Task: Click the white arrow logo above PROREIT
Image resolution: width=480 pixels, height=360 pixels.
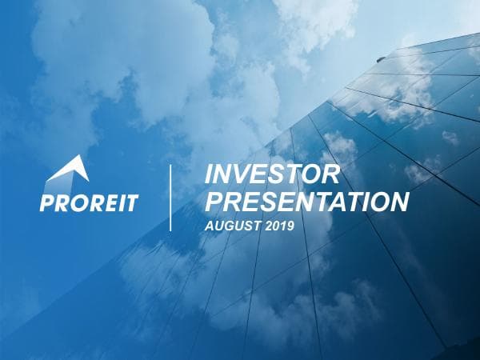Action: [68, 174]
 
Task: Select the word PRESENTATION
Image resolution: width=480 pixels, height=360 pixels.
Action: [306, 202]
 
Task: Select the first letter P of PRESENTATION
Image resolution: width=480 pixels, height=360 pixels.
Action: [214, 202]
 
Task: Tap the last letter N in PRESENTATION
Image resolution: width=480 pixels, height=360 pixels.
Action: [398, 202]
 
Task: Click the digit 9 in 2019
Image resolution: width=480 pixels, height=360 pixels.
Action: [290, 226]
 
